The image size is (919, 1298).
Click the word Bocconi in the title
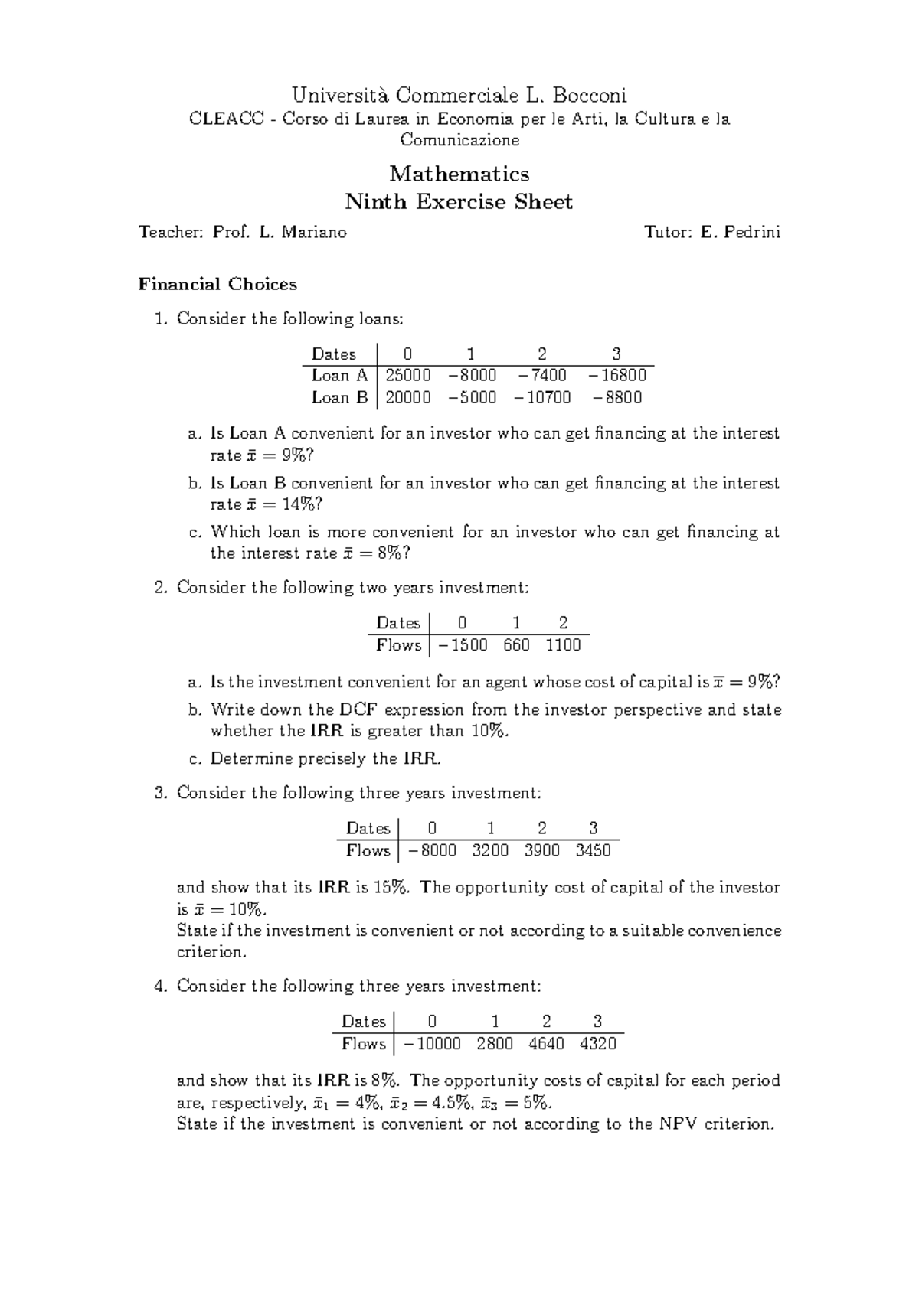[x=590, y=96]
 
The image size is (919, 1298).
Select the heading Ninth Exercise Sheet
[x=459, y=202]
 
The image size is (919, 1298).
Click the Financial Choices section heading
[x=217, y=285]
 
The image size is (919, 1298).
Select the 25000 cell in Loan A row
[x=407, y=376]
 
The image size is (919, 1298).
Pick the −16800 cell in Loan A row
[x=617, y=376]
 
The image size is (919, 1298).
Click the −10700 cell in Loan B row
[x=542, y=398]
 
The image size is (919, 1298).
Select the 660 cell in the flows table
[x=516, y=646]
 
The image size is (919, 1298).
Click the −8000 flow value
[x=433, y=851]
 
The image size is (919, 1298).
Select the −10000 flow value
[x=433, y=1044]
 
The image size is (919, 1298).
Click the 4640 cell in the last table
[x=546, y=1044]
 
